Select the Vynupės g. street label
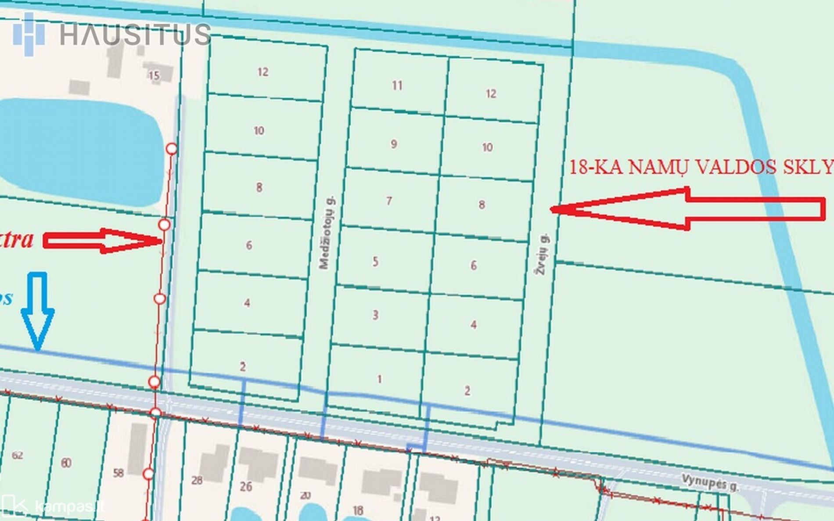[710, 482]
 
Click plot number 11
[397, 85]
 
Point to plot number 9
[394, 144]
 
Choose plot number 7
[389, 201]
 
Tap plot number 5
[375, 262]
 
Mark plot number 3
[375, 315]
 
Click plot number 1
[380, 379]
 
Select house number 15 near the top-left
[154, 75]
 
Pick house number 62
[18, 455]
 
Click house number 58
[118, 473]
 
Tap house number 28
[197, 480]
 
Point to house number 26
[246, 486]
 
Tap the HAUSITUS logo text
[135, 34]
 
